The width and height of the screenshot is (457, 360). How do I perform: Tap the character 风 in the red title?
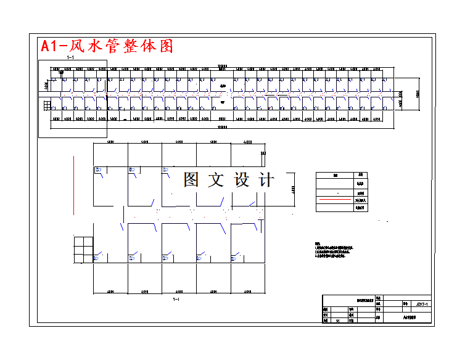(81, 46)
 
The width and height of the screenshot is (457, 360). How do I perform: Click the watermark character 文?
(216, 180)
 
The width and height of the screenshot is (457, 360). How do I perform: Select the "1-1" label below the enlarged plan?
(176, 300)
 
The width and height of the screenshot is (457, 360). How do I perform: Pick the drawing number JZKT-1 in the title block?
(422, 304)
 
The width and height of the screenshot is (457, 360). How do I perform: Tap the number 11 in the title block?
(337, 321)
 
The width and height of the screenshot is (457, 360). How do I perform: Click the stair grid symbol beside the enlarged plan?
(83, 250)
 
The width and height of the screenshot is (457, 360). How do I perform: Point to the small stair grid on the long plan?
(47, 105)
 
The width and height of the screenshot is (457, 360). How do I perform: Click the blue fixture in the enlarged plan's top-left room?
(97, 170)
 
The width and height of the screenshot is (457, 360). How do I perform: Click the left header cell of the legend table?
(335, 175)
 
